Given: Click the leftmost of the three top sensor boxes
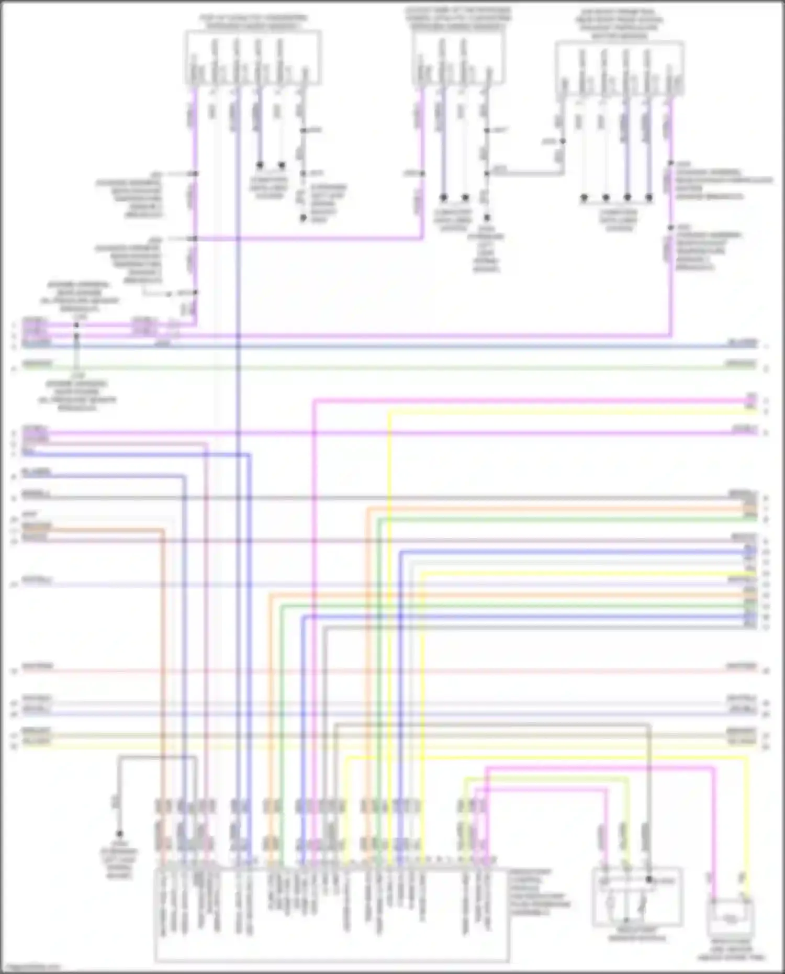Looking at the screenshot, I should point(253,57).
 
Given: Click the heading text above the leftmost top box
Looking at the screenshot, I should point(253,21).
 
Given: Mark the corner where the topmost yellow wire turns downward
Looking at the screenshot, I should point(389,412).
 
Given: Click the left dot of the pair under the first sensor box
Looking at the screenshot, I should point(260,165).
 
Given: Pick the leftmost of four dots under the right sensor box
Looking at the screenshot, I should point(584,197).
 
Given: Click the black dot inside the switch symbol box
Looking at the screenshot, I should point(649,880).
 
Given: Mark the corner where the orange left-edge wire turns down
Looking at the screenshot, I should point(162,531).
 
